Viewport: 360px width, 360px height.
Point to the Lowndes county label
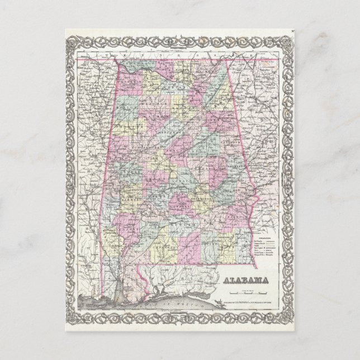point(179,208)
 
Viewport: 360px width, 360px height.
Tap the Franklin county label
point(130,84)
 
